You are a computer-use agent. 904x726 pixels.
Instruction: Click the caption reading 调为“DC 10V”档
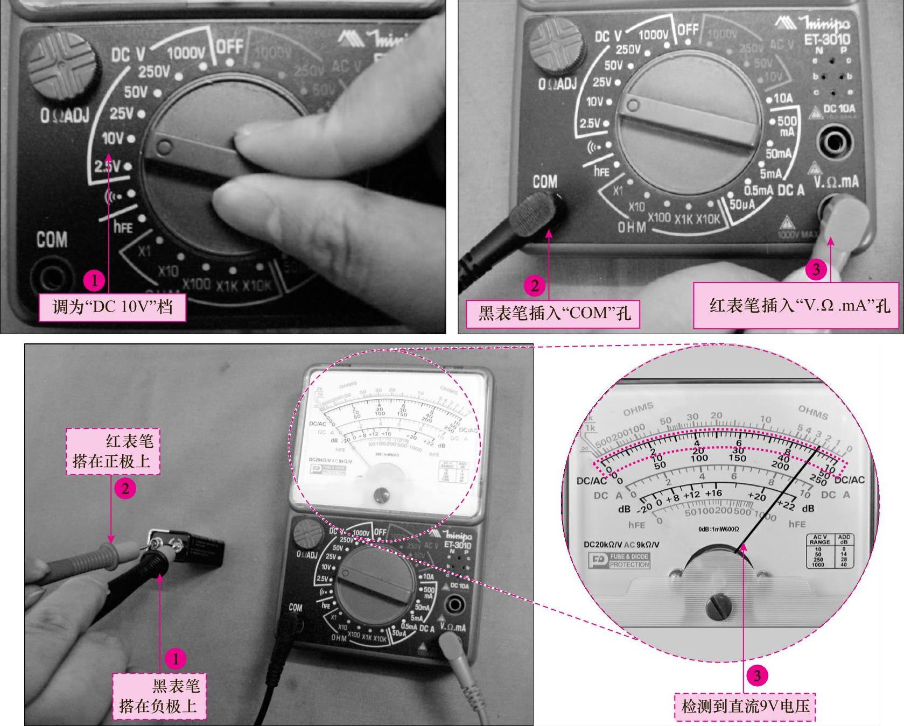pyautogui.click(x=112, y=307)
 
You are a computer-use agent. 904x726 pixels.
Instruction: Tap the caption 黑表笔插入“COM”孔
pyautogui.click(x=553, y=313)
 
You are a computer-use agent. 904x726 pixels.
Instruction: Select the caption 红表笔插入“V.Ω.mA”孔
pyautogui.click(x=798, y=305)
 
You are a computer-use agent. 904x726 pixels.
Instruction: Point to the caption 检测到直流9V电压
pyautogui.click(x=745, y=706)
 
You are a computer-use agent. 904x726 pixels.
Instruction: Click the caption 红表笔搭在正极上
pyautogui.click(x=113, y=451)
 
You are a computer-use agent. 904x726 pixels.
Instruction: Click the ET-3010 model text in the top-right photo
pyautogui.click(x=826, y=39)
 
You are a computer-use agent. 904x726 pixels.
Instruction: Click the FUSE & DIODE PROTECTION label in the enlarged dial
pyautogui.click(x=620, y=560)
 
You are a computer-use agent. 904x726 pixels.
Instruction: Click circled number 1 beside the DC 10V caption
pyautogui.click(x=95, y=280)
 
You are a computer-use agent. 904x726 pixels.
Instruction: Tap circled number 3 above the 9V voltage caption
pyautogui.click(x=757, y=675)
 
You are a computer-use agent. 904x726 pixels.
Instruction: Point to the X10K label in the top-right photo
pyautogui.click(x=707, y=220)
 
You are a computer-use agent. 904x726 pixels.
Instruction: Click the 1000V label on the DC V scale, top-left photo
pyautogui.click(x=186, y=53)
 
